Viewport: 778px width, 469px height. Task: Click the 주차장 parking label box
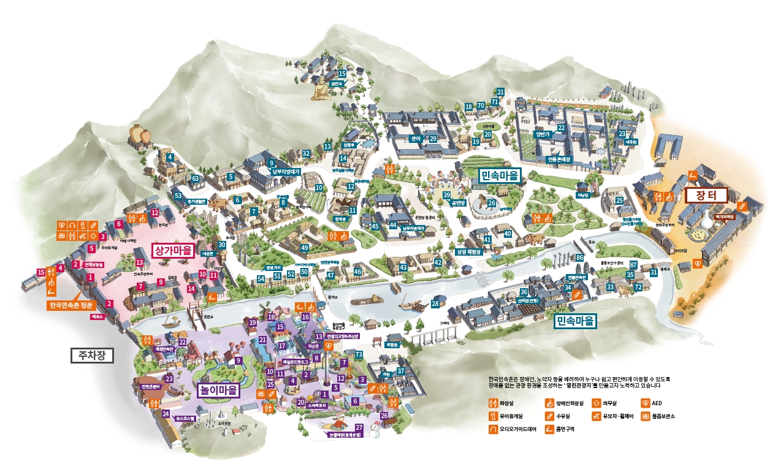pos(92,356)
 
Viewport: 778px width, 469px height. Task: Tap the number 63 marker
pos(196,179)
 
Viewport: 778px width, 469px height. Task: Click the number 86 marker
pos(579,257)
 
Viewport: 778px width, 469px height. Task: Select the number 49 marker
pos(305,248)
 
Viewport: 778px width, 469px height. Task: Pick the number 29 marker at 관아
pos(433,139)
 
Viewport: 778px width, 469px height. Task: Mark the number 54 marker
pos(261,279)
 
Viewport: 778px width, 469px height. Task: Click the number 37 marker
pos(401,371)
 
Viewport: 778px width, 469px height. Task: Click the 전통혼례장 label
pos(559,159)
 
